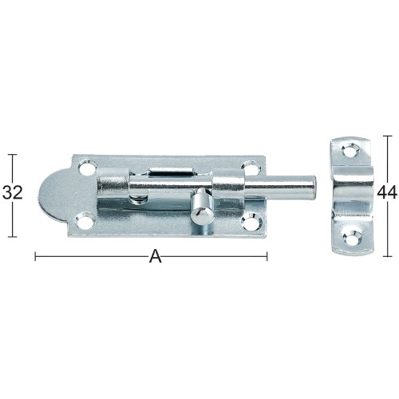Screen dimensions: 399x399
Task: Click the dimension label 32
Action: coord(13,192)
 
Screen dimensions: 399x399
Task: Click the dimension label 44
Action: coord(387,192)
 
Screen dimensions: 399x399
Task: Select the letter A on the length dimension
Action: coord(155,256)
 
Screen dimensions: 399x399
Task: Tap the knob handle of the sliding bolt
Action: coord(202,207)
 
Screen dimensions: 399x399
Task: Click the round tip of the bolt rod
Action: coord(313,186)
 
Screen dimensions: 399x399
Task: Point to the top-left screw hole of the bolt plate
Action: coord(87,168)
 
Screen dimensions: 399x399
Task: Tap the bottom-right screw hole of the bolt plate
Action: coord(252,223)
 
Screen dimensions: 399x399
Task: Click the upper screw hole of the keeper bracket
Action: coord(350,151)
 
